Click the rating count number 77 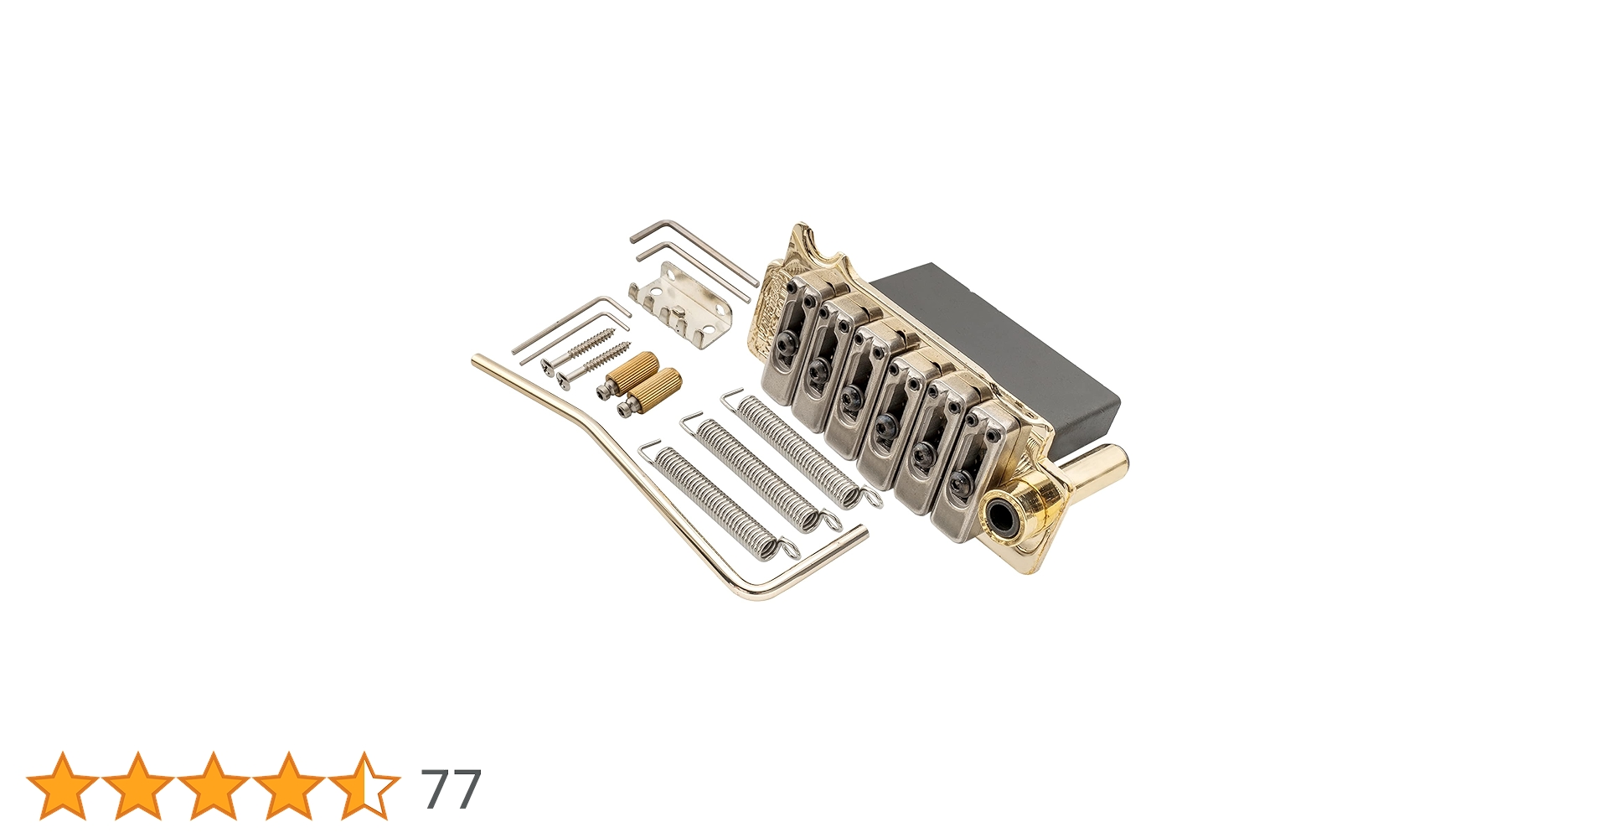tap(452, 789)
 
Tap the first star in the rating tap(63, 786)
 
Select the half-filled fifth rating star tap(364, 786)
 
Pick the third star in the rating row tap(214, 786)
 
